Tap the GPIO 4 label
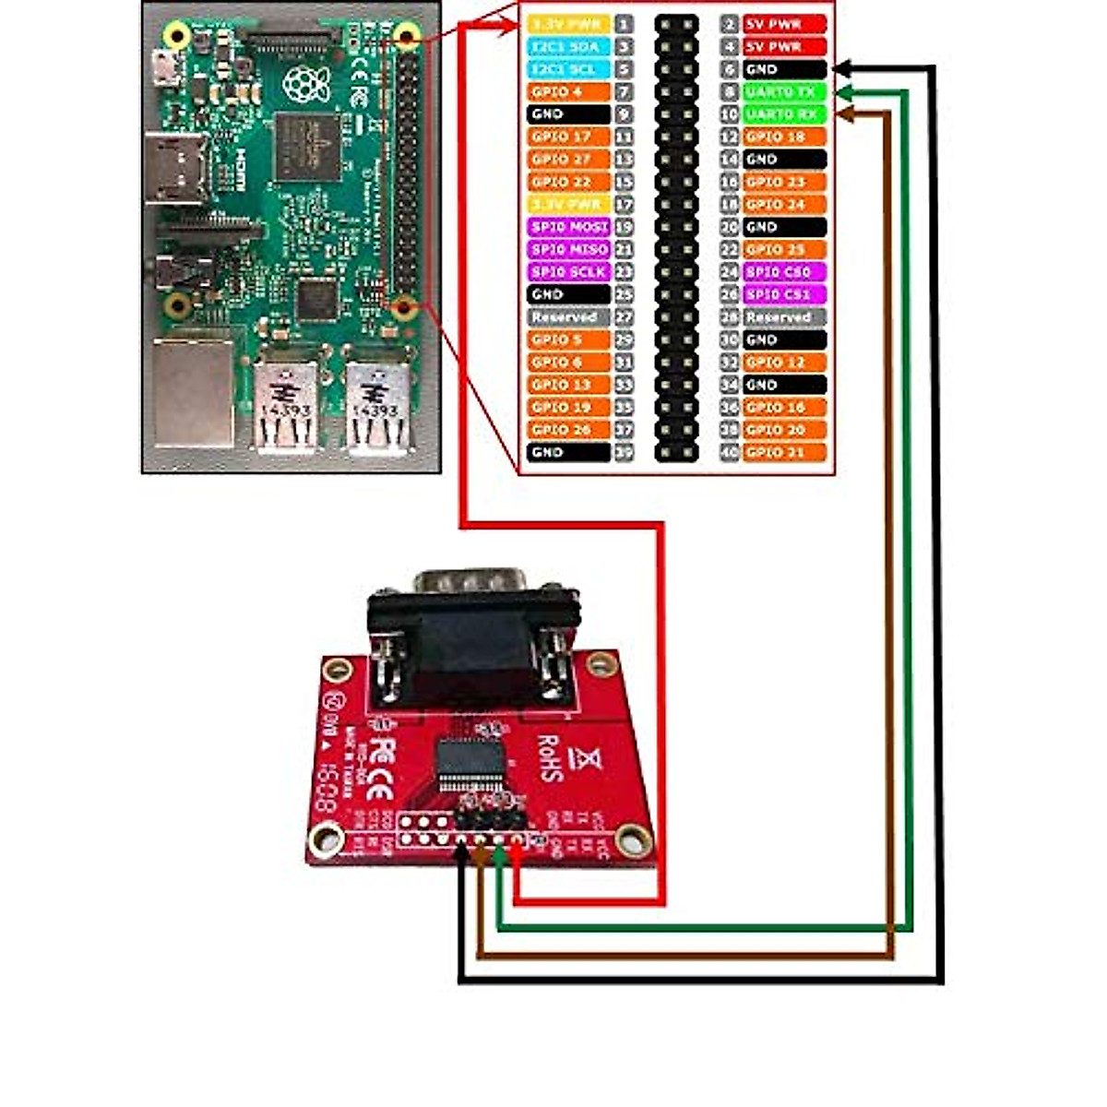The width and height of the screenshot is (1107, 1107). click(x=569, y=91)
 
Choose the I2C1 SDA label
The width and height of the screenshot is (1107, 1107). click(x=569, y=46)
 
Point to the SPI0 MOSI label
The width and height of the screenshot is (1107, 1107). click(x=569, y=227)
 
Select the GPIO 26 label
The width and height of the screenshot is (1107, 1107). click(x=569, y=430)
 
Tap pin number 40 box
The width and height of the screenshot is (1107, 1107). click(x=730, y=452)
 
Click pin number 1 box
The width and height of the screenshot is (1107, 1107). click(x=625, y=24)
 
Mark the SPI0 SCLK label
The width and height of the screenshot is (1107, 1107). click(x=569, y=272)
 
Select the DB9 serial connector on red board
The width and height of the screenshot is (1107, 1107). click(x=472, y=637)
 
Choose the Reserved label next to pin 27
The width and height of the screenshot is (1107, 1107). click(x=569, y=317)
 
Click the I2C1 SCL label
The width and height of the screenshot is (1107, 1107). click(x=569, y=69)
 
